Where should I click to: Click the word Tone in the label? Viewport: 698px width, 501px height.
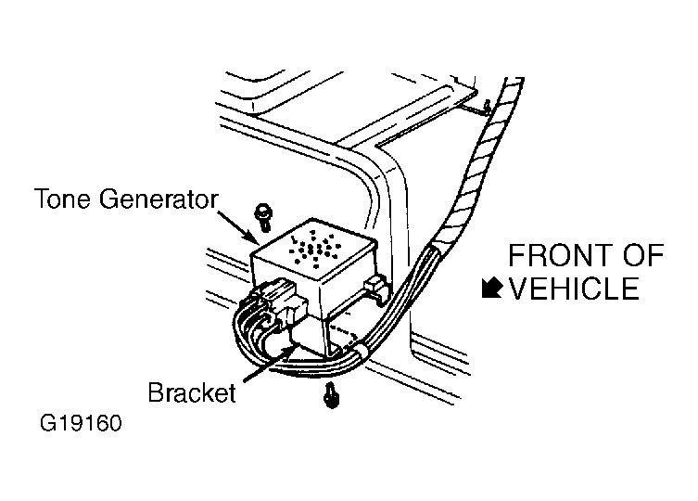point(63,199)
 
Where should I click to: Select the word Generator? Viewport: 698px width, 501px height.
point(159,199)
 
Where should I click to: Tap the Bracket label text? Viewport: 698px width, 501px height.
point(192,392)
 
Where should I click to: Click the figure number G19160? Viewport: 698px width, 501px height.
point(81,423)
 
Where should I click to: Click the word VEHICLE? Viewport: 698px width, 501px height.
point(574,289)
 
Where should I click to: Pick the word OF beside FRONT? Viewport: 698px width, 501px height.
point(643,255)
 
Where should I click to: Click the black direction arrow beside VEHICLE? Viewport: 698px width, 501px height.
point(492,288)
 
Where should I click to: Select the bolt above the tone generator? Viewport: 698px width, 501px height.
point(263,217)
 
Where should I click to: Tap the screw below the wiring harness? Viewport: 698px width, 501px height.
point(331,395)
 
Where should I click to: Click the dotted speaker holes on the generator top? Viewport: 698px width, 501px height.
point(315,250)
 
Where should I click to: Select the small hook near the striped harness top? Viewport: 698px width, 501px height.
point(488,106)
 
